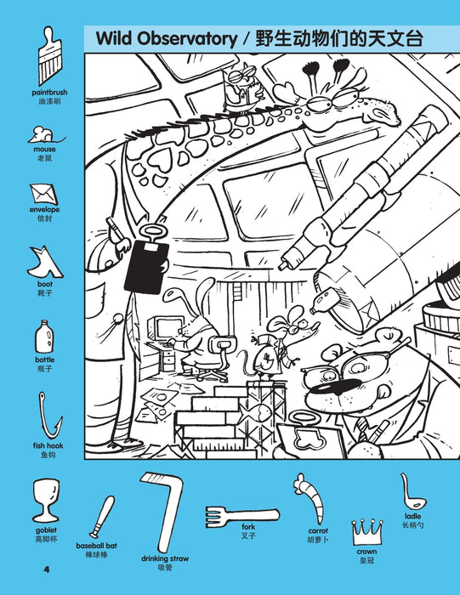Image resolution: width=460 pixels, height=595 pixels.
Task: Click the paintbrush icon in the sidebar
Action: [x=49, y=56]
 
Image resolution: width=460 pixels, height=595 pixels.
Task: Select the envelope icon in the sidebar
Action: [x=44, y=195]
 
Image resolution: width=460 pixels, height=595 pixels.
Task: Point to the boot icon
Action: [x=44, y=262]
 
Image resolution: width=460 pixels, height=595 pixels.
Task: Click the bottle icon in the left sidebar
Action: [x=44, y=337]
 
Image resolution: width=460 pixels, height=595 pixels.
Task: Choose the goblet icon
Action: [x=46, y=501]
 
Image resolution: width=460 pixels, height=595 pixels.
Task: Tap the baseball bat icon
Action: [x=102, y=517]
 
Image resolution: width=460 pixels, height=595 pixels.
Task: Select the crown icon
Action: [x=366, y=532]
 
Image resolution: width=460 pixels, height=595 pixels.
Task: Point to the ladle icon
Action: [x=412, y=493]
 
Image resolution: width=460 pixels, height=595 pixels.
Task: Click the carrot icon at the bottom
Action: [x=312, y=497]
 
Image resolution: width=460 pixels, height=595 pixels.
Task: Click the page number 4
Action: [x=47, y=569]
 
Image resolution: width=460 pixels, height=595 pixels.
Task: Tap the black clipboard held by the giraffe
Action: [x=146, y=265]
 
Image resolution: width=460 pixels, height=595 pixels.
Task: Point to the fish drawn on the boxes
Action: [x=255, y=414]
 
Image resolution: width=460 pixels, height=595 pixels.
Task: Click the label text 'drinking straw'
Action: [x=165, y=558]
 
